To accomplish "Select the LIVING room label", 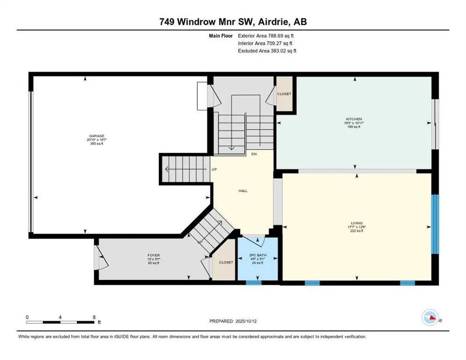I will tap(356, 223).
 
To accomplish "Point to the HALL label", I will tap(243, 191).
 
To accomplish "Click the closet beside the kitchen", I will tap(284, 94).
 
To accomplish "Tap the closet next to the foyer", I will tap(225, 262).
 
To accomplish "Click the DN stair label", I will tap(254, 154).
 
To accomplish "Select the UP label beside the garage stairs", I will tap(214, 169).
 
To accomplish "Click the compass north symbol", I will tap(429, 318).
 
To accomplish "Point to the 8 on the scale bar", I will tap(94, 317).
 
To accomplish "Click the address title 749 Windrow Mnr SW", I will tap(233, 22).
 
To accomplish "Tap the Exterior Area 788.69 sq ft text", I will tap(266, 35).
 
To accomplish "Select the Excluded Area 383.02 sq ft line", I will tap(267, 51).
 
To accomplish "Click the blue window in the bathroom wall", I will tap(254, 283).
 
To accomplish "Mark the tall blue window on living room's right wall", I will tap(435, 224).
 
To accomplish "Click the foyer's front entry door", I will tap(97, 259).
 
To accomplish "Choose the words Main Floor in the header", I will tap(221, 35).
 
